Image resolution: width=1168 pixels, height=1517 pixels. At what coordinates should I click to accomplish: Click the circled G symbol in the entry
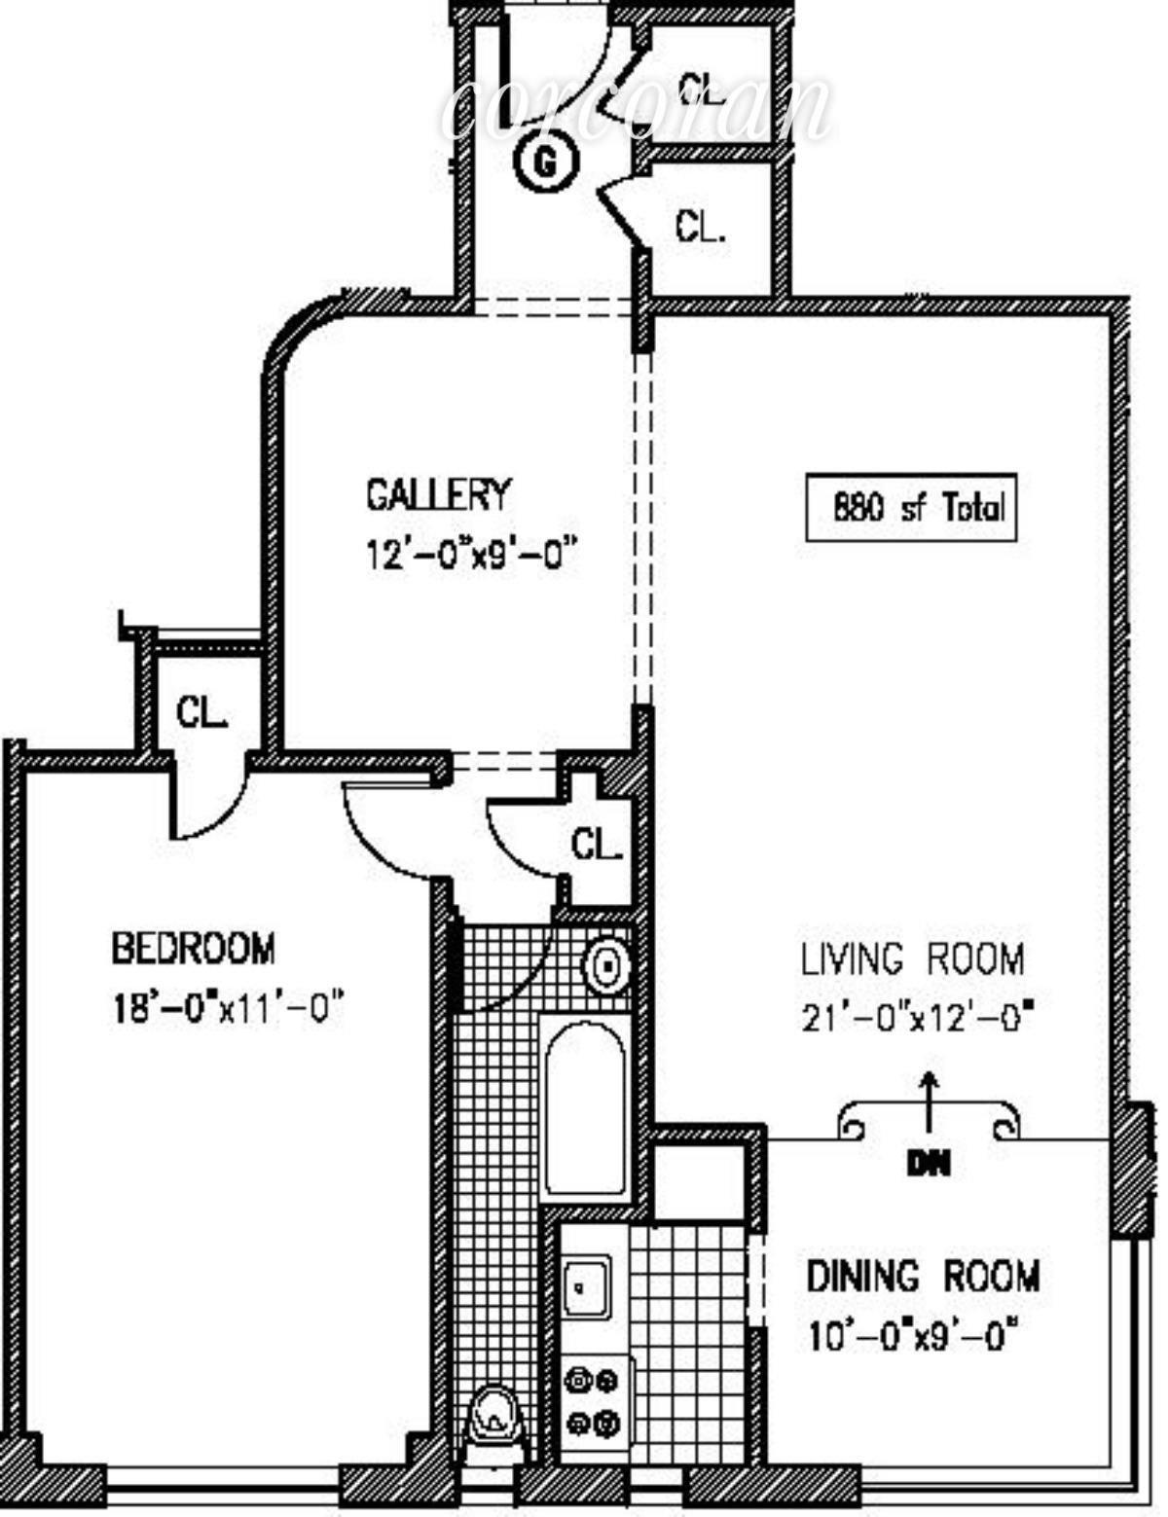click(545, 163)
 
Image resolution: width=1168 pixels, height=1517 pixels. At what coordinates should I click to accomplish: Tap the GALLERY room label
click(438, 494)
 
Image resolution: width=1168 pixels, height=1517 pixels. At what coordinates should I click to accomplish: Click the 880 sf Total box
click(911, 507)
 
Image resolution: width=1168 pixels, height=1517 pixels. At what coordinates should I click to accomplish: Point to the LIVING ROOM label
click(912, 959)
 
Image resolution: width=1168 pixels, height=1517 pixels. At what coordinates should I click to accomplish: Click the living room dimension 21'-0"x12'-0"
click(916, 1019)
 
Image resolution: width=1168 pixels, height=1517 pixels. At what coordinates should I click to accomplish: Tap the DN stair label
click(928, 1163)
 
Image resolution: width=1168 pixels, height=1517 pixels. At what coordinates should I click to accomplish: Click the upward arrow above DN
click(930, 1100)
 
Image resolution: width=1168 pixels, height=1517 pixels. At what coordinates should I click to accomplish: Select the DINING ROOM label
click(923, 1276)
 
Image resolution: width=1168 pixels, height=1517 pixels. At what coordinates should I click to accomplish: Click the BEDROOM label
click(193, 947)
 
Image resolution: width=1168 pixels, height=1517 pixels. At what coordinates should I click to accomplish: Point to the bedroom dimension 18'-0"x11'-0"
click(229, 1006)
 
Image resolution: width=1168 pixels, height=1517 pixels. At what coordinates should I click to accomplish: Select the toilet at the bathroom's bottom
click(494, 1426)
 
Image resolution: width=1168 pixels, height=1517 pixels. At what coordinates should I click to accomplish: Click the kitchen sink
click(587, 1286)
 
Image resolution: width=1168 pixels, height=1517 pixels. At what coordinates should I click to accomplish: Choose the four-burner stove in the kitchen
click(594, 1401)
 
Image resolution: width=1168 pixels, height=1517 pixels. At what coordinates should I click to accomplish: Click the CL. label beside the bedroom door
click(597, 845)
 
